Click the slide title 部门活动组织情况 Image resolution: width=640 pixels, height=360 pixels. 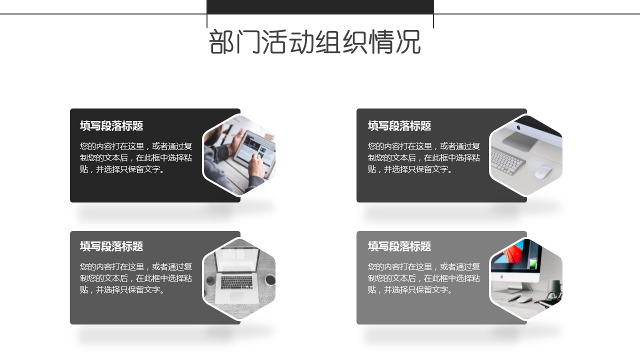click(315, 42)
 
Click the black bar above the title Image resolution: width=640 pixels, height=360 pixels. click(320, 7)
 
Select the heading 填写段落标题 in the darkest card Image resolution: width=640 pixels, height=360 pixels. click(111, 125)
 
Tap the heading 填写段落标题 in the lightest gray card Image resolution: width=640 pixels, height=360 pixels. click(399, 246)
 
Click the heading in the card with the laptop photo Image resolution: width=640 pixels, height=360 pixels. click(111, 246)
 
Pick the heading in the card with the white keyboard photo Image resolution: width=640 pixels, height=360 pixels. click(399, 125)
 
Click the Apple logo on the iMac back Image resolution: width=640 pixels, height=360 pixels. click(518, 127)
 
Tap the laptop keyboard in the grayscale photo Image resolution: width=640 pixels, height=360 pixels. click(237, 282)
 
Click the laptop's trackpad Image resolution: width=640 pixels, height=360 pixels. click(237, 296)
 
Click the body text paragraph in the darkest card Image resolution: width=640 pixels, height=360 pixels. click(136, 157)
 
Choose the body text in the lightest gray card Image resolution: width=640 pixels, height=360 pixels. click(424, 278)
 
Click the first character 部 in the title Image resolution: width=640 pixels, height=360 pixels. click(221, 42)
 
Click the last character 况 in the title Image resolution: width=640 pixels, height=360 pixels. click(408, 42)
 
